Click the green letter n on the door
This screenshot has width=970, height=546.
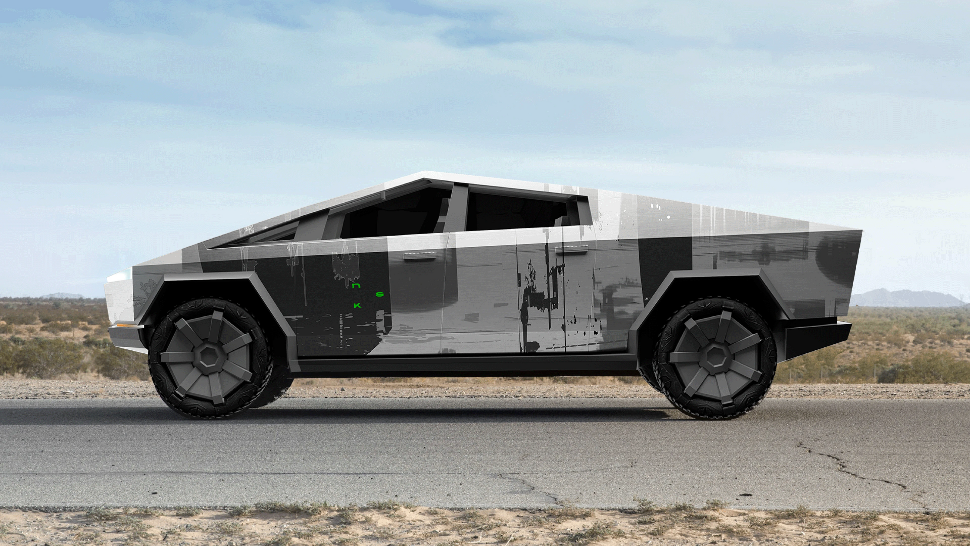pyautogui.click(x=356, y=286)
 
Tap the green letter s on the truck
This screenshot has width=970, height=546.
pyautogui.click(x=380, y=294)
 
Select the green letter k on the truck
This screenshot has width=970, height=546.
pyautogui.click(x=357, y=305)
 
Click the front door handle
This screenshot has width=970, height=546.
pyautogui.click(x=420, y=256)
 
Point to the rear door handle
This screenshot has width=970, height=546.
pyautogui.click(x=572, y=248)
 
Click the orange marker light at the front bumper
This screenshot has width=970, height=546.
pyautogui.click(x=125, y=323)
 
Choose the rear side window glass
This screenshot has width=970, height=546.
pyautogui.click(x=518, y=212)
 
